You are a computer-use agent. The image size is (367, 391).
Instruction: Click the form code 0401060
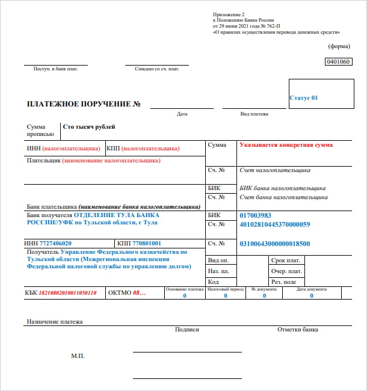337,61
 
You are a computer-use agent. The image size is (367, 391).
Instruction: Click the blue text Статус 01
303,97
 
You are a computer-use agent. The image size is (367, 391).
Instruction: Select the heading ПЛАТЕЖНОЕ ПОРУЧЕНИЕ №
84,105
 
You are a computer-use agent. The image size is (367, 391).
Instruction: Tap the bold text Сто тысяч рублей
89,127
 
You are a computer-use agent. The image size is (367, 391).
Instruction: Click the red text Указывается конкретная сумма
286,145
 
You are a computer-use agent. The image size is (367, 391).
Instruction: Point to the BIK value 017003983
256,215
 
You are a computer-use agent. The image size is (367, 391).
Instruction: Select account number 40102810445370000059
274,224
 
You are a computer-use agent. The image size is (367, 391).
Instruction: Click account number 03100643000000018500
274,244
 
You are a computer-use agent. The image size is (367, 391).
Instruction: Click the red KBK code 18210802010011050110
68,293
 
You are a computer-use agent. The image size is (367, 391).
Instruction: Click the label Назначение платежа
54,322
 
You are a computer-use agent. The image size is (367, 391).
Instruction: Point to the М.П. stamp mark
78,356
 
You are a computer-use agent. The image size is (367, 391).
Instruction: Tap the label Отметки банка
297,330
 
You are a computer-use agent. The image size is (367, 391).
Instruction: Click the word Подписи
187,330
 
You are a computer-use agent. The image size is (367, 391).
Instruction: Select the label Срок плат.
286,260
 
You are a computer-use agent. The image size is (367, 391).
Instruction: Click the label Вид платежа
254,114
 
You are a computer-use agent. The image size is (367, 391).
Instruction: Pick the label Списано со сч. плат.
157,69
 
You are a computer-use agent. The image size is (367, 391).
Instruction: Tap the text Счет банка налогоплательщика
283,197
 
